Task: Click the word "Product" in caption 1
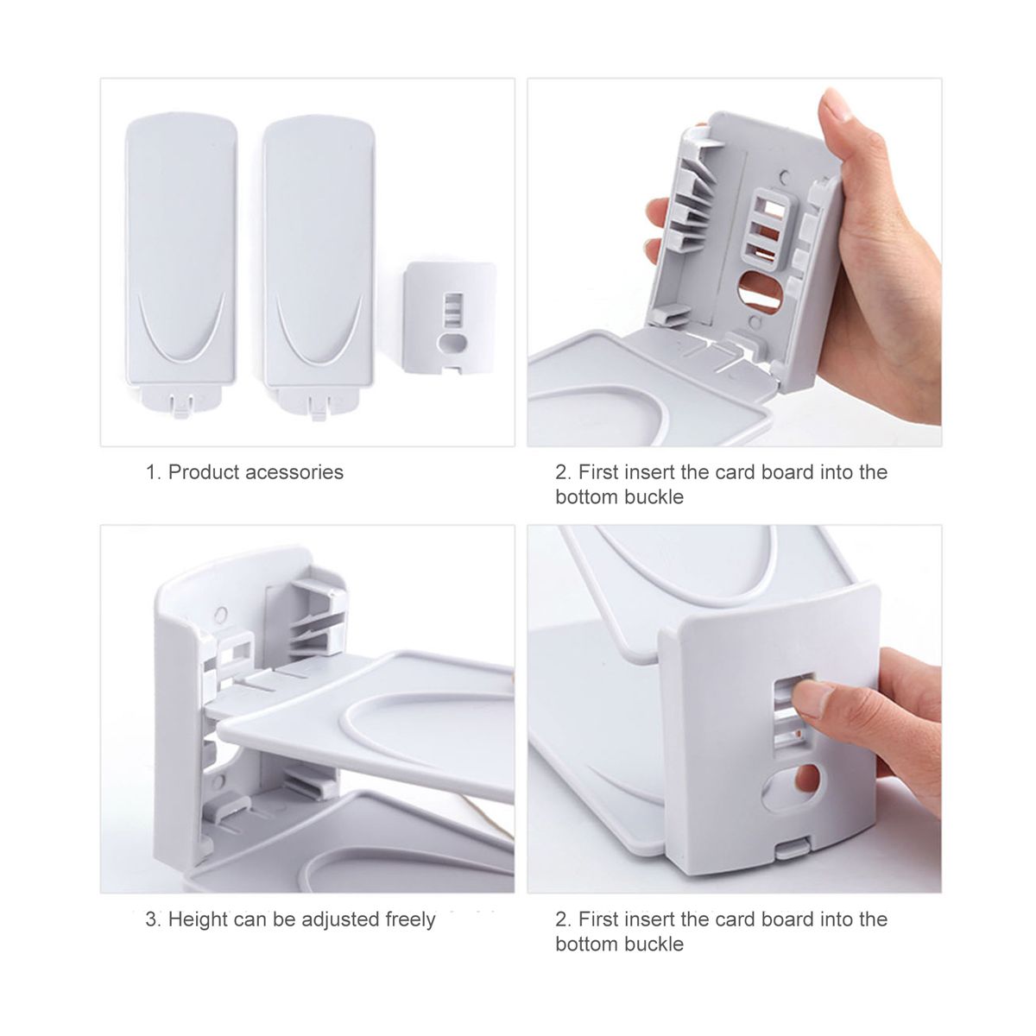[x=203, y=472]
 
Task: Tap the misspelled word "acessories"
[x=294, y=472]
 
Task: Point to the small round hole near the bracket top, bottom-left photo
[x=219, y=614]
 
